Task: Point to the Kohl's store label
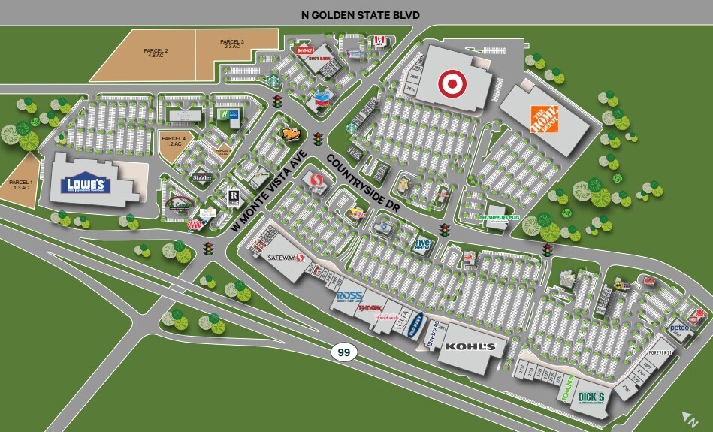[x=470, y=347]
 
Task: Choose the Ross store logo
[x=351, y=296]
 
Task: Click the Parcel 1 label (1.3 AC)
[x=20, y=184]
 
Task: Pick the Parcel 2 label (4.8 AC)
[x=156, y=53]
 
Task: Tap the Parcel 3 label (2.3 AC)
[x=232, y=44]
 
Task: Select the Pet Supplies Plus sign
[x=499, y=218]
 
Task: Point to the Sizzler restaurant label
[x=203, y=178]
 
